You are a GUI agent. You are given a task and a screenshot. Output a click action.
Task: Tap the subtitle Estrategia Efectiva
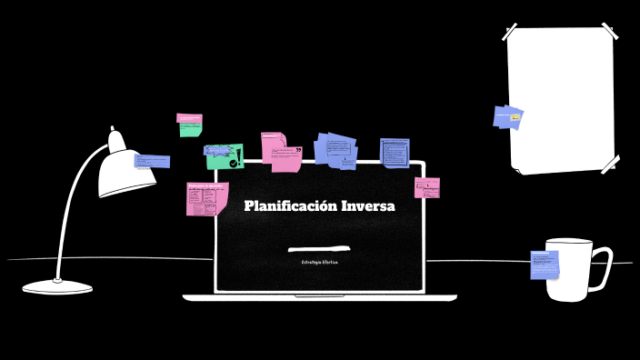pos(319,262)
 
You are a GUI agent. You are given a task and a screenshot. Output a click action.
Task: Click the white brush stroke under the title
pos(319,247)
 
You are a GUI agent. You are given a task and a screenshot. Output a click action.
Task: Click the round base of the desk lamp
pos(57,286)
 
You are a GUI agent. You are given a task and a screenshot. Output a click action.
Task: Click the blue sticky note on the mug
pos(545,265)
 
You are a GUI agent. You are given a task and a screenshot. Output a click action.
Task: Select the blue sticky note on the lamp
pos(152,162)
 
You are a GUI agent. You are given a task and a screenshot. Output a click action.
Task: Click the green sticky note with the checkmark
pos(224,155)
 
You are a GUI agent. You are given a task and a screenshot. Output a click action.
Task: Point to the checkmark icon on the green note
pos(235,163)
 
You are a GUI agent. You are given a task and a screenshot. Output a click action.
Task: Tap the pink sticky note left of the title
pos(206,199)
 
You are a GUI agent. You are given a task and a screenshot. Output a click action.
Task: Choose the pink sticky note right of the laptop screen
pos(427,188)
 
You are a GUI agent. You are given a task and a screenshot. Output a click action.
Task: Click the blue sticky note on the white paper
pos(508,117)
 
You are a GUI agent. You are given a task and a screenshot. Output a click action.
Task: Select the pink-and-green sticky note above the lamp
pos(189,124)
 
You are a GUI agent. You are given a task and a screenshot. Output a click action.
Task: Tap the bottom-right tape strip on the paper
pos(609,164)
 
